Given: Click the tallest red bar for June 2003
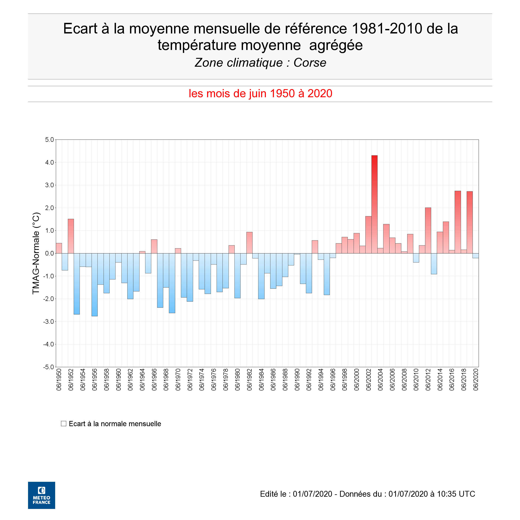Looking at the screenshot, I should [x=374, y=205].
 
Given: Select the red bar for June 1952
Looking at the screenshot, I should [x=71, y=236].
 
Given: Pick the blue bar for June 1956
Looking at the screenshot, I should [x=95, y=285].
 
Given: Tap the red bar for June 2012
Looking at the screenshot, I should [x=428, y=230].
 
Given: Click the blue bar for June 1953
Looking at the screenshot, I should [x=77, y=284].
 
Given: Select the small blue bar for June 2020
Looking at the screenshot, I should [x=476, y=256].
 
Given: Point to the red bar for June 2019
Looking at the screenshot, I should [x=470, y=222].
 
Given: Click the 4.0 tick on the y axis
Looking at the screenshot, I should [x=50, y=163].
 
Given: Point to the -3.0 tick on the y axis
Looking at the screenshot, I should [x=49, y=322].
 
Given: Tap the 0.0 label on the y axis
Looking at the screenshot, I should [x=50, y=253].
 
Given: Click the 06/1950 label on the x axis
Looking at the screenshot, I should [x=59, y=380].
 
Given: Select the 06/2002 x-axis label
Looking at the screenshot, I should [x=369, y=380].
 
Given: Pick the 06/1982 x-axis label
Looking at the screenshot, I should [x=250, y=380].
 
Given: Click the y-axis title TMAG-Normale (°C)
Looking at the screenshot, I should [x=36, y=253].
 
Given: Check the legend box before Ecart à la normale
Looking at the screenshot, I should [x=64, y=424].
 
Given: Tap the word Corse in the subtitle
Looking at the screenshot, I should [x=310, y=63].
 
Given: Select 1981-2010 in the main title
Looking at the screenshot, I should [x=387, y=28].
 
